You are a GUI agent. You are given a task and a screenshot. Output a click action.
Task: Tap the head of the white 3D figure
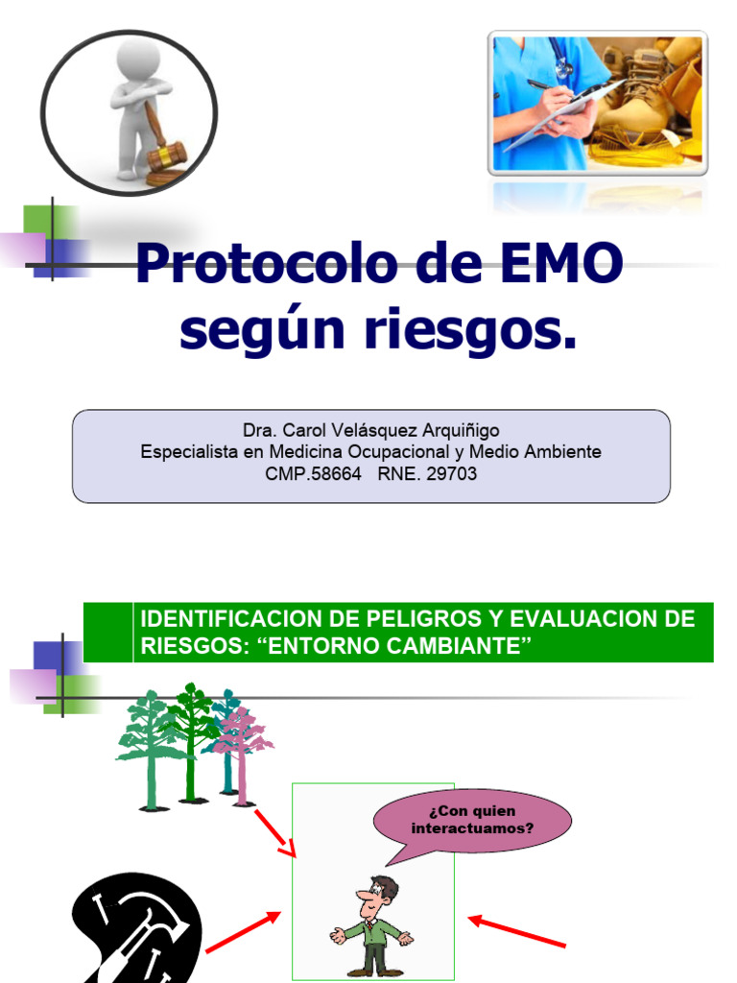(x=139, y=60)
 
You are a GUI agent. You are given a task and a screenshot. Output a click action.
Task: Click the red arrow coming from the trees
(x=276, y=831)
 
